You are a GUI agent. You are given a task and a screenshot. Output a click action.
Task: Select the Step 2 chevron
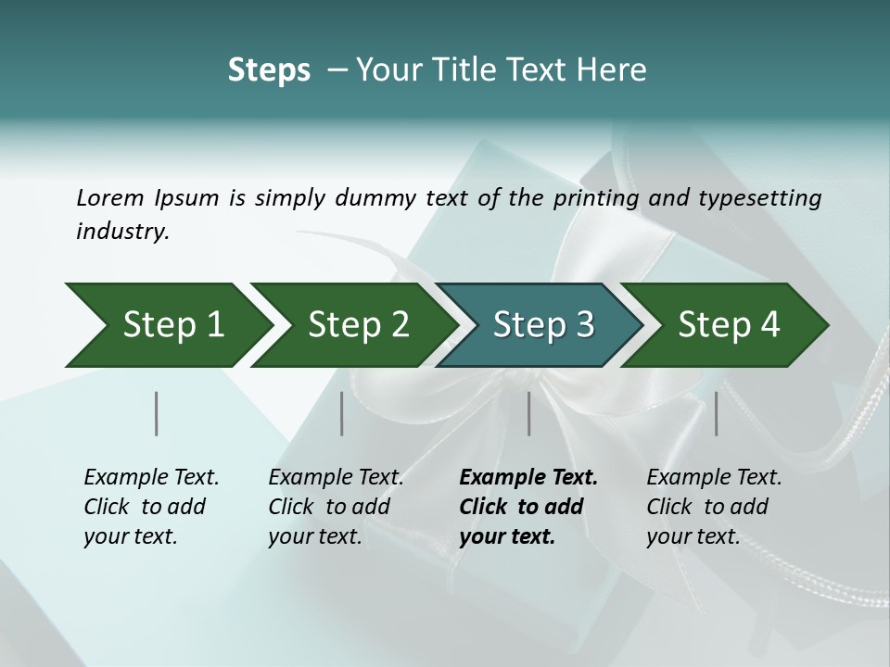click(352, 325)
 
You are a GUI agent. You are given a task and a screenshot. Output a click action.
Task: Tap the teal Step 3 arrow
click(538, 325)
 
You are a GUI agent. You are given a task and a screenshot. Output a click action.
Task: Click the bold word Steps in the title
click(269, 70)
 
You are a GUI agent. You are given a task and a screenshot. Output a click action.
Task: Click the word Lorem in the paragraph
click(110, 197)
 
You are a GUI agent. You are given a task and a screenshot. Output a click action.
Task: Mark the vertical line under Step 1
click(157, 413)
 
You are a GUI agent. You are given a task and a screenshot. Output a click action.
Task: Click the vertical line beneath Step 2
click(342, 413)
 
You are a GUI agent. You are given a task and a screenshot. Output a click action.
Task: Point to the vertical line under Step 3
click(529, 413)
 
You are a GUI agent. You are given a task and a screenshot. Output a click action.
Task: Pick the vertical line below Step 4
click(717, 413)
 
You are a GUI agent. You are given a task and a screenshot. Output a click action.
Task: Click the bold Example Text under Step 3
click(528, 478)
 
